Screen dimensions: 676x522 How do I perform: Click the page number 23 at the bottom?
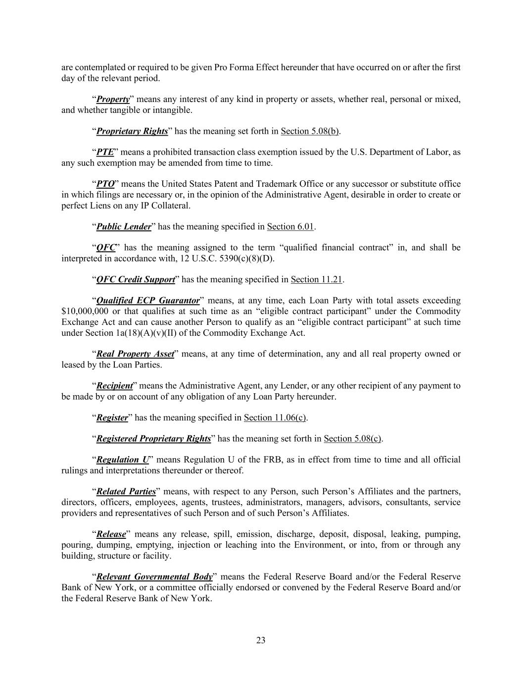coord(261,640)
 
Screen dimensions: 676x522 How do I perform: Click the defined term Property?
coord(113,99)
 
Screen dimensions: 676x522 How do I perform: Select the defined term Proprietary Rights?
coord(132,131)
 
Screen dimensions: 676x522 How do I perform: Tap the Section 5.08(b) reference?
coord(310,131)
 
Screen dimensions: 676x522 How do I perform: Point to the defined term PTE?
coord(105,152)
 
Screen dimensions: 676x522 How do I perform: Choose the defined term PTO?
coord(105,184)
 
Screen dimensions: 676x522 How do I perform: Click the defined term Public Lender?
coord(124,226)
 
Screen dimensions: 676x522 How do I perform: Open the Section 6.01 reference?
coord(290,226)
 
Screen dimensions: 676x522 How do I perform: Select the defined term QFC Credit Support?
coord(136,279)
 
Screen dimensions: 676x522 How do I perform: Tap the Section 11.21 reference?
coord(317,279)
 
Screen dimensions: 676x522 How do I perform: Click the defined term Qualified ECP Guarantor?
coord(148,301)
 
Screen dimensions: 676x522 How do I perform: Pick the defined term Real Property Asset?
coord(135,354)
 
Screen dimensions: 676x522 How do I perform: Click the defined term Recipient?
coord(114,386)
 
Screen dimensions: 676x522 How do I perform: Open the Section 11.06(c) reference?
coord(275,417)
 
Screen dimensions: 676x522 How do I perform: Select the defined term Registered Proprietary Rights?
coord(153,439)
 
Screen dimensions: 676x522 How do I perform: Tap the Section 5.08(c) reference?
coord(353,439)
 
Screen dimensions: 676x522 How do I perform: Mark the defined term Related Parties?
coord(126,492)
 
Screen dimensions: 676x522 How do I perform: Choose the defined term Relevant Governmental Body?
coord(154,577)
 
